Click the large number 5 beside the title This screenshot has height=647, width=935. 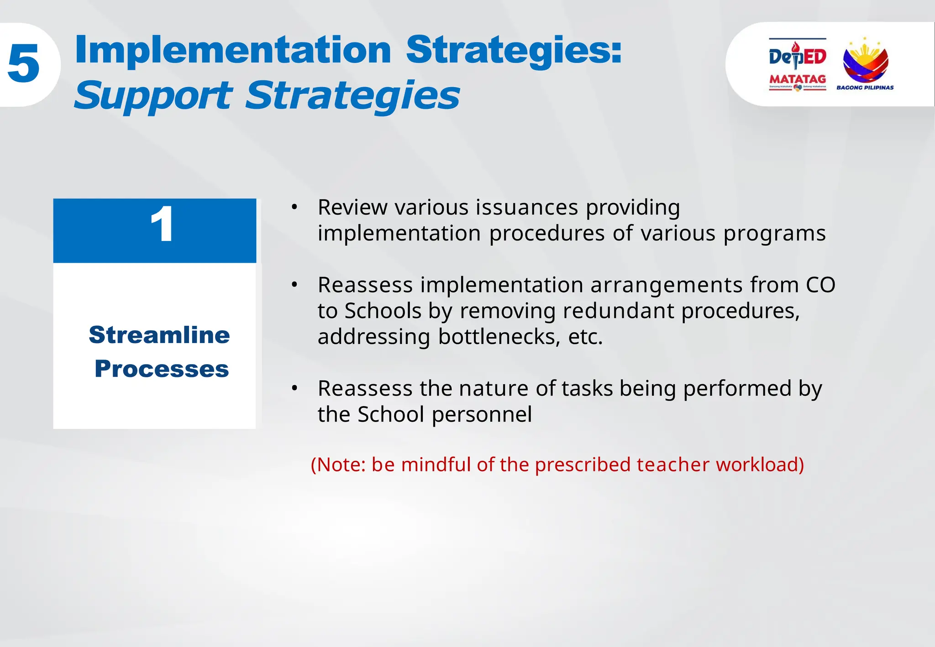(x=24, y=64)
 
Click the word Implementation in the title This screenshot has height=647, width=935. (x=233, y=50)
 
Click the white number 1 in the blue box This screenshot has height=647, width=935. (x=162, y=224)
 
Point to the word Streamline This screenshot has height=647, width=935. (x=159, y=335)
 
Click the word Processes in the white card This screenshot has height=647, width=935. (x=162, y=369)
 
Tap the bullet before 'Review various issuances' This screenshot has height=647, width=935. (x=294, y=208)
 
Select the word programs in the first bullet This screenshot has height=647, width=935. (x=774, y=234)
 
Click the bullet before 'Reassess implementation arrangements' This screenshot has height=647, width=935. (x=294, y=285)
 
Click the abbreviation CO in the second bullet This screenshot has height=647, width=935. (x=820, y=285)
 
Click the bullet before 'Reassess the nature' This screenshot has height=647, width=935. (x=294, y=389)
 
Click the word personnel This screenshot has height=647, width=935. (x=482, y=415)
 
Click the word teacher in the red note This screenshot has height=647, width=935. (x=673, y=465)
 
